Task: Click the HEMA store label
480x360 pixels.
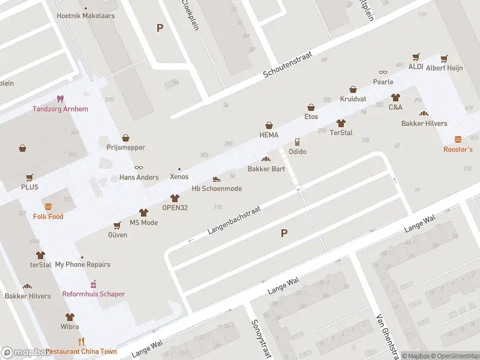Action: point(269,135)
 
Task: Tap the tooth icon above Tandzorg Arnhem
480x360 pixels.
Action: point(59,98)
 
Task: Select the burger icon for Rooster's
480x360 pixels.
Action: point(458,139)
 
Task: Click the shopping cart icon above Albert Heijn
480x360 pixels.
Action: point(444,58)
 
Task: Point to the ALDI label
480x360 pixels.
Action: point(416,67)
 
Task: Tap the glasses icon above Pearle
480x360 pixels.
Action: point(383,72)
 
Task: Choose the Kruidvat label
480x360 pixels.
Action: point(353,98)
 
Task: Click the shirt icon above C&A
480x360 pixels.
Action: point(395,97)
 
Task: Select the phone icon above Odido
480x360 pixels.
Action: point(297,142)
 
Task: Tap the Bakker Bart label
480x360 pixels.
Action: point(266,169)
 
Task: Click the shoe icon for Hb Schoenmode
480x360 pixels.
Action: point(217,179)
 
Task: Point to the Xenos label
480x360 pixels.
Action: point(179,177)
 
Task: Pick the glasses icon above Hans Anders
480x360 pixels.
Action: point(139,167)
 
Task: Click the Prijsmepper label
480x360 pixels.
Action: point(125,148)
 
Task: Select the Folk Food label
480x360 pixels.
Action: point(48,217)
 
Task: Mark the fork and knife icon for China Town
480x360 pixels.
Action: point(81,341)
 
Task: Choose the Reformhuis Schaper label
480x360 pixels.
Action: point(94,294)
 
